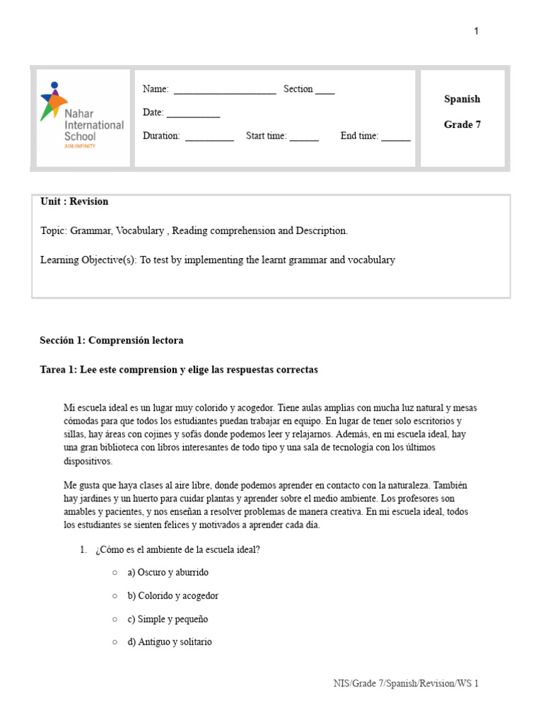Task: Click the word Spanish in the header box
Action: pos(462,99)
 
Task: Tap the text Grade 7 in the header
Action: pos(462,124)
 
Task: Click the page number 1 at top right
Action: pos(477,31)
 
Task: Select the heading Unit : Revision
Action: pos(74,202)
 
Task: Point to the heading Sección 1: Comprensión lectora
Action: pos(111,340)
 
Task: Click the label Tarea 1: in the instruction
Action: pos(59,370)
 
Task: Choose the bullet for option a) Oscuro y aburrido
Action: pos(115,572)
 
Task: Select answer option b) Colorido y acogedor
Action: pos(173,595)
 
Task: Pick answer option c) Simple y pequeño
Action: pos(168,619)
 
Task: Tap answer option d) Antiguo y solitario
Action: pos(169,642)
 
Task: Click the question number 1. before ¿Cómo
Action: pos(83,549)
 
